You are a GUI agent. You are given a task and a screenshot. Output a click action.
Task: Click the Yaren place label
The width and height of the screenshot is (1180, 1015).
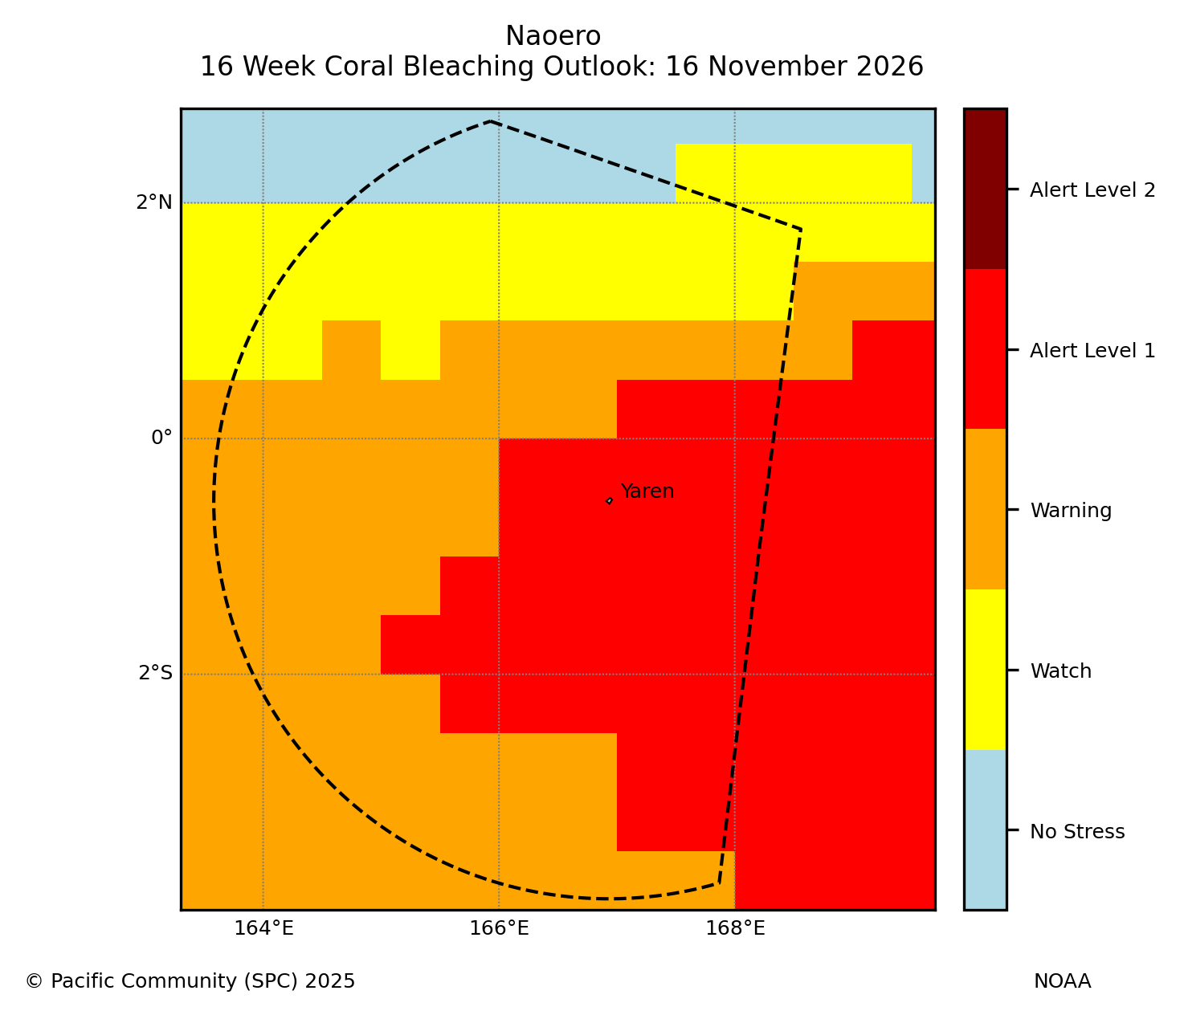(647, 491)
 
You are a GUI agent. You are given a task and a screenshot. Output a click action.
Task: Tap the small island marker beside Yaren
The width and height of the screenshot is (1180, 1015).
(609, 501)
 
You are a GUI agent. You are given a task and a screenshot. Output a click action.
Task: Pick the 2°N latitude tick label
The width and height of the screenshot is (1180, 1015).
(154, 202)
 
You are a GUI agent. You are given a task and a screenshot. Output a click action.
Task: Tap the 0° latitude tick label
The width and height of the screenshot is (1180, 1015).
(161, 438)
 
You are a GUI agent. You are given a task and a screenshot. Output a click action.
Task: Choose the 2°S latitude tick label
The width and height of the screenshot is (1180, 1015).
(155, 673)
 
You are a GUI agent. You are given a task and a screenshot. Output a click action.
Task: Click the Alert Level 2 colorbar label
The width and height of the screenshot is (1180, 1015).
(1092, 190)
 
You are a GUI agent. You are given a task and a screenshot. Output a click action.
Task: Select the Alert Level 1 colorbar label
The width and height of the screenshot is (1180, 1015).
(1092, 350)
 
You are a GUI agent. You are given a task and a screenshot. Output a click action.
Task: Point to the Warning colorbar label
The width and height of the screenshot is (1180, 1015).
(1071, 511)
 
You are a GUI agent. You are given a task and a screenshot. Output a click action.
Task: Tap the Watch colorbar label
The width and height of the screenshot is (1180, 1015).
(1060, 671)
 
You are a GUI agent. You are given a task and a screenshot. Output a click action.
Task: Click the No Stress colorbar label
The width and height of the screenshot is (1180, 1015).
(1077, 831)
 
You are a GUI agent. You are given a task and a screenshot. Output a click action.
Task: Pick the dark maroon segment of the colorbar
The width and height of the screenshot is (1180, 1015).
(986, 189)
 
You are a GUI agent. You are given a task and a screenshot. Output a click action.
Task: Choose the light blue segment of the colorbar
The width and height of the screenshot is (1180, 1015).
(986, 830)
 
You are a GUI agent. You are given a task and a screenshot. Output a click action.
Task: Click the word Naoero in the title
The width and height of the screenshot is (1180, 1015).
(553, 36)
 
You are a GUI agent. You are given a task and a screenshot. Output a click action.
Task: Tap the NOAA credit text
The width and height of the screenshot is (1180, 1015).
(1063, 980)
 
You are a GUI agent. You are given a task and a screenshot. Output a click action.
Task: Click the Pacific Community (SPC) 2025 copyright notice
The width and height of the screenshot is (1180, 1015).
(190, 981)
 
